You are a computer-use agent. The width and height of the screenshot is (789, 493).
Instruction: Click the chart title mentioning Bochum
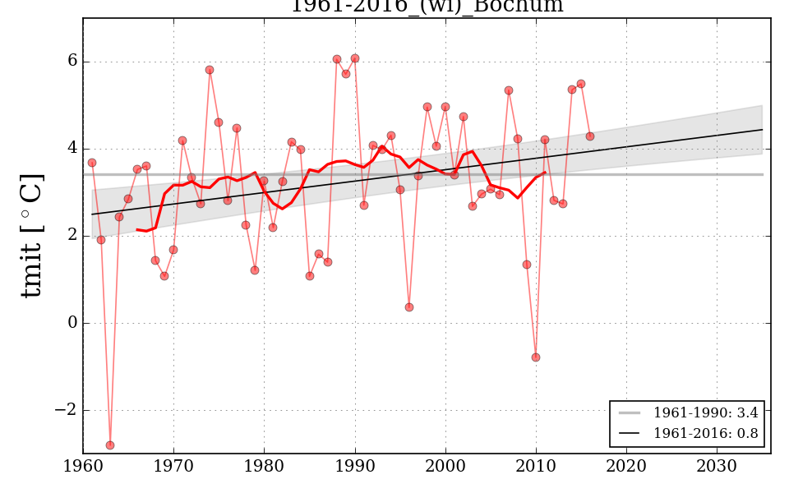click(427, 6)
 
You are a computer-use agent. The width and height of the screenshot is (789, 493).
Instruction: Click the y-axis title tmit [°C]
click(32, 235)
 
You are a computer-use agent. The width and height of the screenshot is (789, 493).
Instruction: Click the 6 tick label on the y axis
click(72, 62)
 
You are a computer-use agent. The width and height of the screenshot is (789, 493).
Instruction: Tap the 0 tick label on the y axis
click(72, 323)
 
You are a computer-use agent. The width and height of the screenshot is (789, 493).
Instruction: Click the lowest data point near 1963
click(110, 445)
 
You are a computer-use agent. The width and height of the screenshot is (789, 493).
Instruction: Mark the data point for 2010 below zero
click(536, 357)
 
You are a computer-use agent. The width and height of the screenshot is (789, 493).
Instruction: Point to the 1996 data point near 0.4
click(409, 307)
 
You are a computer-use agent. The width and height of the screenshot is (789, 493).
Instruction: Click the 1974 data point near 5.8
click(210, 70)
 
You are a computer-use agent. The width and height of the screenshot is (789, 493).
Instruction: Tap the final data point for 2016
click(590, 136)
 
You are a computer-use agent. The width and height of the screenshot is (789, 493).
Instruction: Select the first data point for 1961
click(92, 163)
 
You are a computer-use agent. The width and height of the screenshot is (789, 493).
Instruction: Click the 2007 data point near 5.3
click(509, 90)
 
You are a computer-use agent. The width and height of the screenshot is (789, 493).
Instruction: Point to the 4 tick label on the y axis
click(72, 149)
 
